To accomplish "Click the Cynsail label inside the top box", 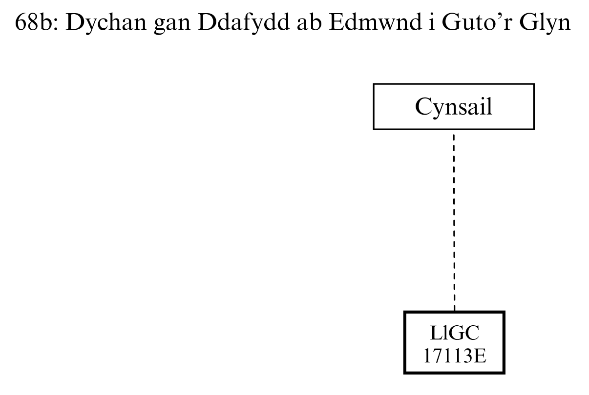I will tap(454, 107).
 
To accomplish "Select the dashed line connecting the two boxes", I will tap(454, 219).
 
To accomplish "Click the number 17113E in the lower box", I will tap(454, 353).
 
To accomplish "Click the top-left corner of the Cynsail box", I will tap(374, 84).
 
